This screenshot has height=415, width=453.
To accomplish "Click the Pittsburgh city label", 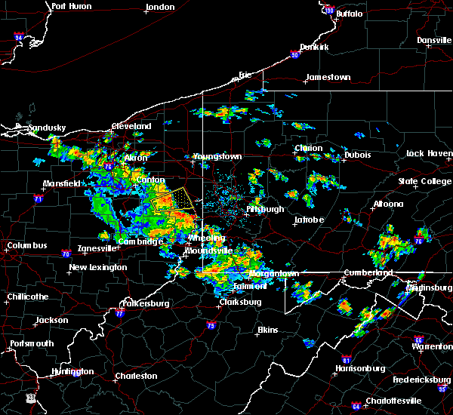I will pos(265,209).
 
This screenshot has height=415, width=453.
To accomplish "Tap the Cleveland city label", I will pos(131,126).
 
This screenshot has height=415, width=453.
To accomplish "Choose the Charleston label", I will pos(136,376).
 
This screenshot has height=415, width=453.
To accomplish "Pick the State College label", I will pos(424,182).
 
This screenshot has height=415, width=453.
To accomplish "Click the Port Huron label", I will pos(72,6).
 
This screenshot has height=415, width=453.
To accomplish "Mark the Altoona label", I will pos(387,204).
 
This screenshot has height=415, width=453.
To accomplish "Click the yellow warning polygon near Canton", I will pos(171,200).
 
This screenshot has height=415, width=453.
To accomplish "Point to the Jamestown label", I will pos(328,77).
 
